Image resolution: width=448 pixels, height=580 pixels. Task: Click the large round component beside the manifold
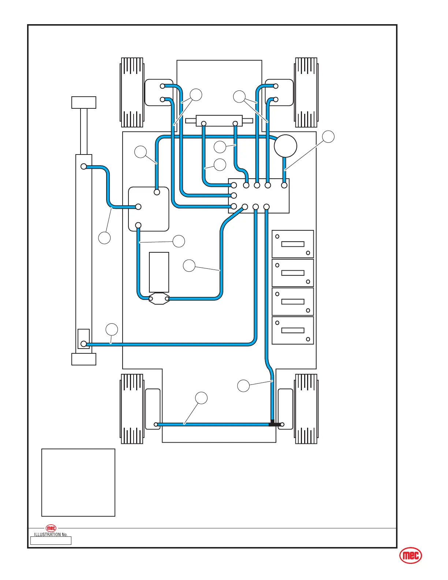point(285,146)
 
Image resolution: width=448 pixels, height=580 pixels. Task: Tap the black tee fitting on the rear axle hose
point(273,424)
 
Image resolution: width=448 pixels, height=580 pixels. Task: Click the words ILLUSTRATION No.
point(51,535)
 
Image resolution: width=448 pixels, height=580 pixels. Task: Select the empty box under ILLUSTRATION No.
point(51,541)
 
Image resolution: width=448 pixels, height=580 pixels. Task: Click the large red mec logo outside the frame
point(410,556)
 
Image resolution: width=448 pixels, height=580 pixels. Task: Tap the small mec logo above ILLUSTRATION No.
point(51,528)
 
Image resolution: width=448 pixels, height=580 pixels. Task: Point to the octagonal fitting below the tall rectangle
point(159,299)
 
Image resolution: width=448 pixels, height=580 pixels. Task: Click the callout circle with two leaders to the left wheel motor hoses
point(196,95)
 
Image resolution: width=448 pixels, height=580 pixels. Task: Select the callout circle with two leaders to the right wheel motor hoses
point(239,97)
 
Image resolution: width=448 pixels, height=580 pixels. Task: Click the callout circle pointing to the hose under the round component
point(328,137)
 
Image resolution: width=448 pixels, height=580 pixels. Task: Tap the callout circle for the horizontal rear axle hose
point(201,398)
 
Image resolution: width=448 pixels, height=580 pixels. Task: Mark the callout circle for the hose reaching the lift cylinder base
point(112,330)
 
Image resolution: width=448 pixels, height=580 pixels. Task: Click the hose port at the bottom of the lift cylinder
point(84,344)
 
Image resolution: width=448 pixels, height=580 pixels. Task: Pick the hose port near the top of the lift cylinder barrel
point(84,167)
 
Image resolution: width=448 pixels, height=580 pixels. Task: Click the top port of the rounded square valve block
point(157,192)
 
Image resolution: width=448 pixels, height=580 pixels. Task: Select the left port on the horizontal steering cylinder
point(204,124)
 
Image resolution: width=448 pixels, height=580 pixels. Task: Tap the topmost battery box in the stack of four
point(293,244)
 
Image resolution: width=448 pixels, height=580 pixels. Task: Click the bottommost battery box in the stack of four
point(293,330)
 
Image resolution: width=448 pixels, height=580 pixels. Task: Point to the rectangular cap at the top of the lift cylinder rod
point(84,103)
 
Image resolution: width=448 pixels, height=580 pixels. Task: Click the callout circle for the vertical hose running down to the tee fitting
point(243,386)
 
